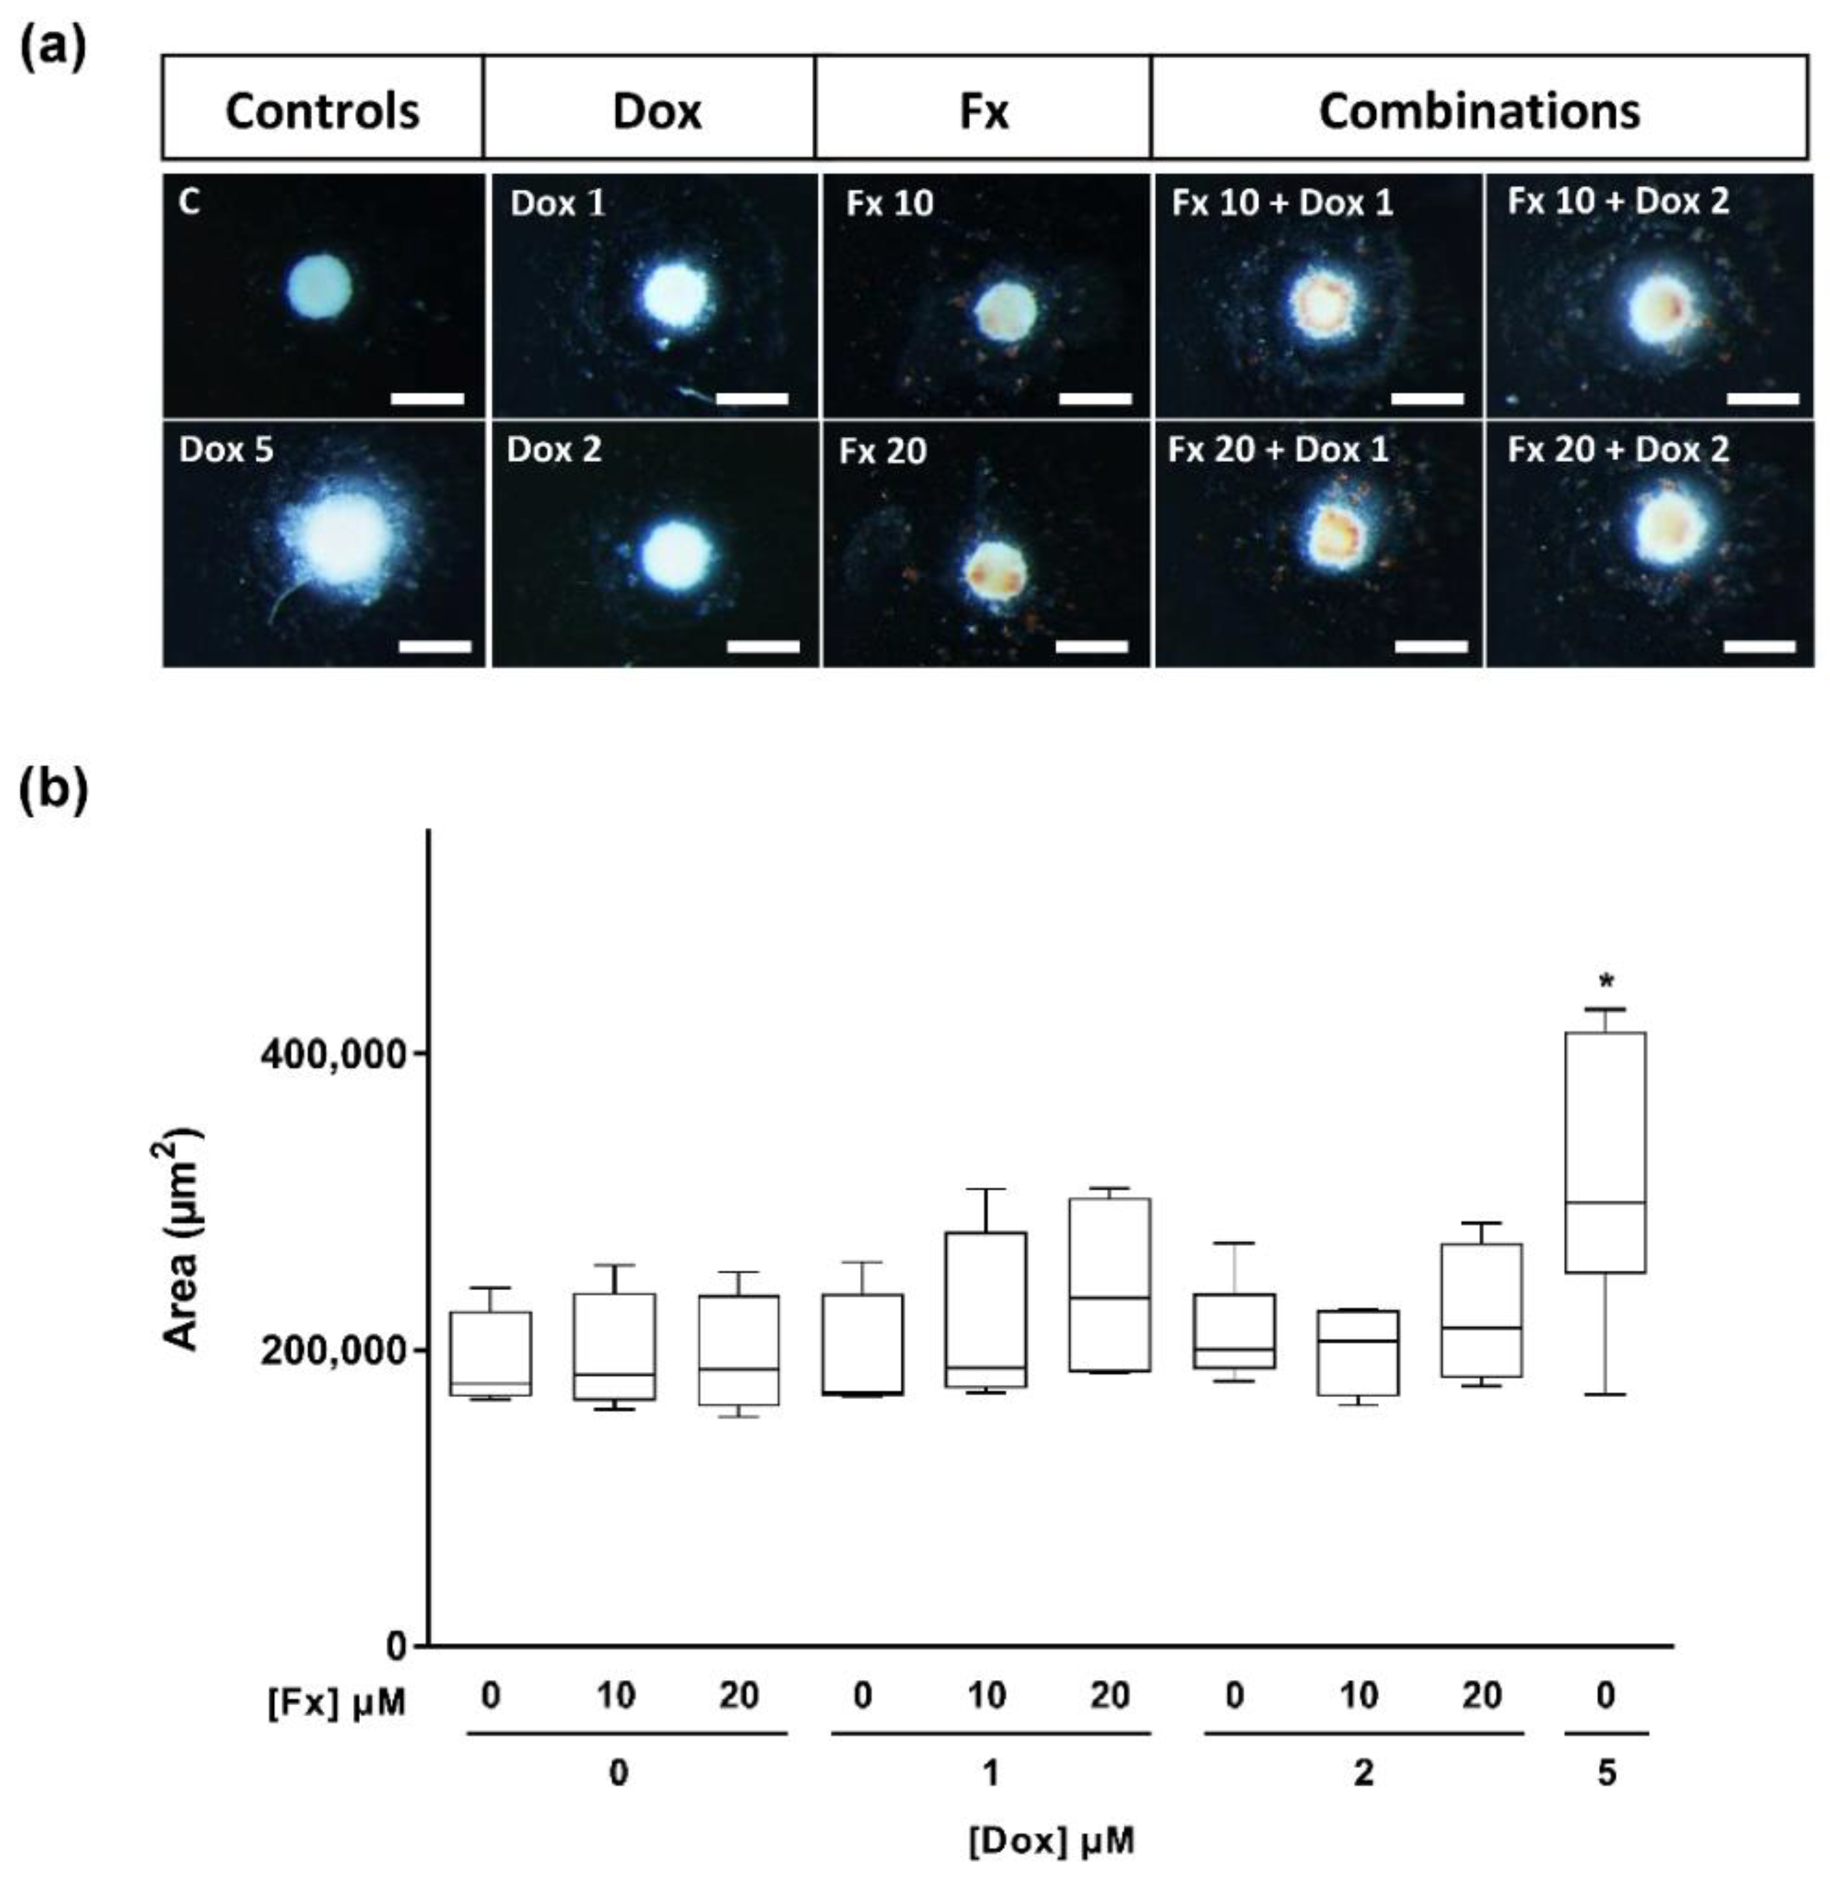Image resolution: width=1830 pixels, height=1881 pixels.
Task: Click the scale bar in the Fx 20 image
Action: click(x=1091, y=646)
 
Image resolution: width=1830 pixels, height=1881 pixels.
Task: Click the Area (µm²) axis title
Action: click(x=183, y=1240)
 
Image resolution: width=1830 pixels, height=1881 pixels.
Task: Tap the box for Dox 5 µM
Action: click(x=1605, y=1152)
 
